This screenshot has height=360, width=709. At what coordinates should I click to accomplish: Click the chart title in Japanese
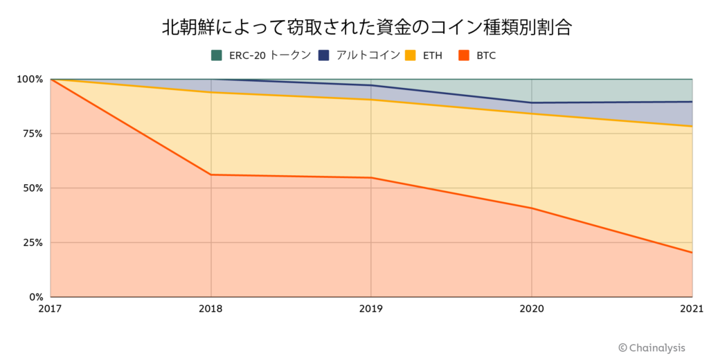[354, 27]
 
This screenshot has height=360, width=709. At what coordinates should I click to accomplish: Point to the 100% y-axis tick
[30, 79]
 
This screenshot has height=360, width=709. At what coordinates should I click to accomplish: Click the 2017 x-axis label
[51, 309]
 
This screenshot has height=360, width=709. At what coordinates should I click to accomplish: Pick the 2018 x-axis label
[211, 309]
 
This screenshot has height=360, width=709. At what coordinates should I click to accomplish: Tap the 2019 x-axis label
[371, 309]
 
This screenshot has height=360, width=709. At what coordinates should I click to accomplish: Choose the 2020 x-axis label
[532, 309]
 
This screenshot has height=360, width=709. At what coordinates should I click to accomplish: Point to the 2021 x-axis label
[690, 309]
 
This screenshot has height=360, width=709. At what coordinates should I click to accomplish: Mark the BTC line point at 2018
[211, 174]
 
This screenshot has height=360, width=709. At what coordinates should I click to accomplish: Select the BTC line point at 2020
[532, 208]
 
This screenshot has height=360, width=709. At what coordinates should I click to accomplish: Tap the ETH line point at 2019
[371, 100]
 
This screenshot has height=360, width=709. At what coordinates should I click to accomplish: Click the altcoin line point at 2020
[532, 102]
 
